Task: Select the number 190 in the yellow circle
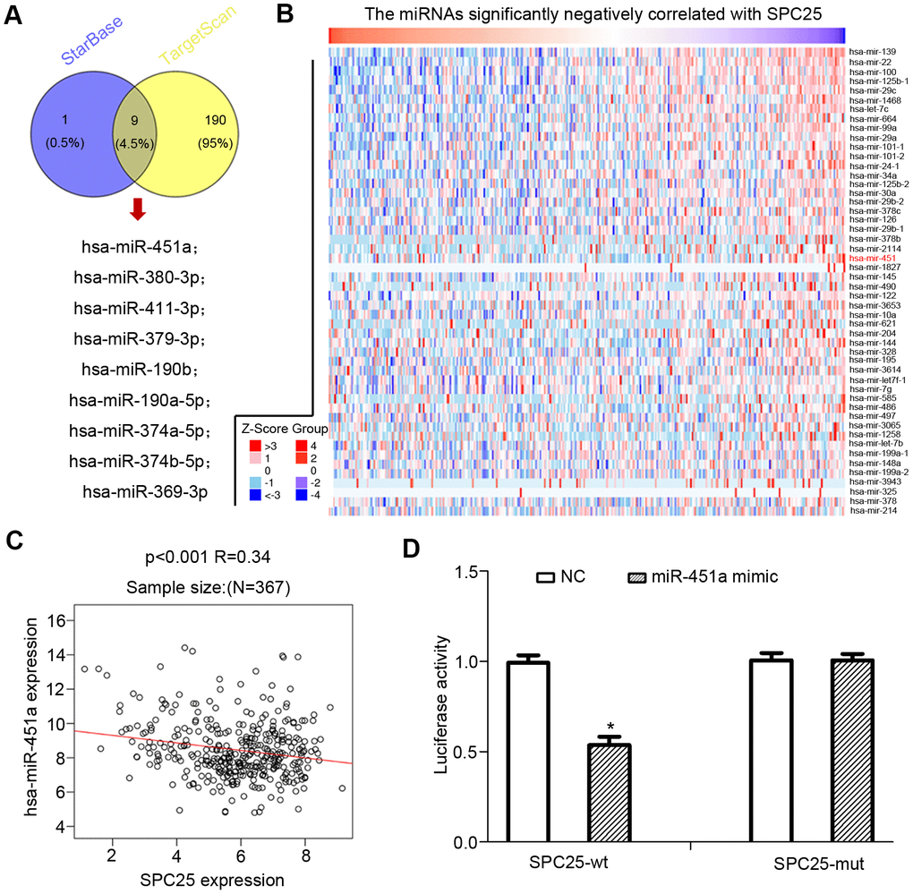tap(219, 120)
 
